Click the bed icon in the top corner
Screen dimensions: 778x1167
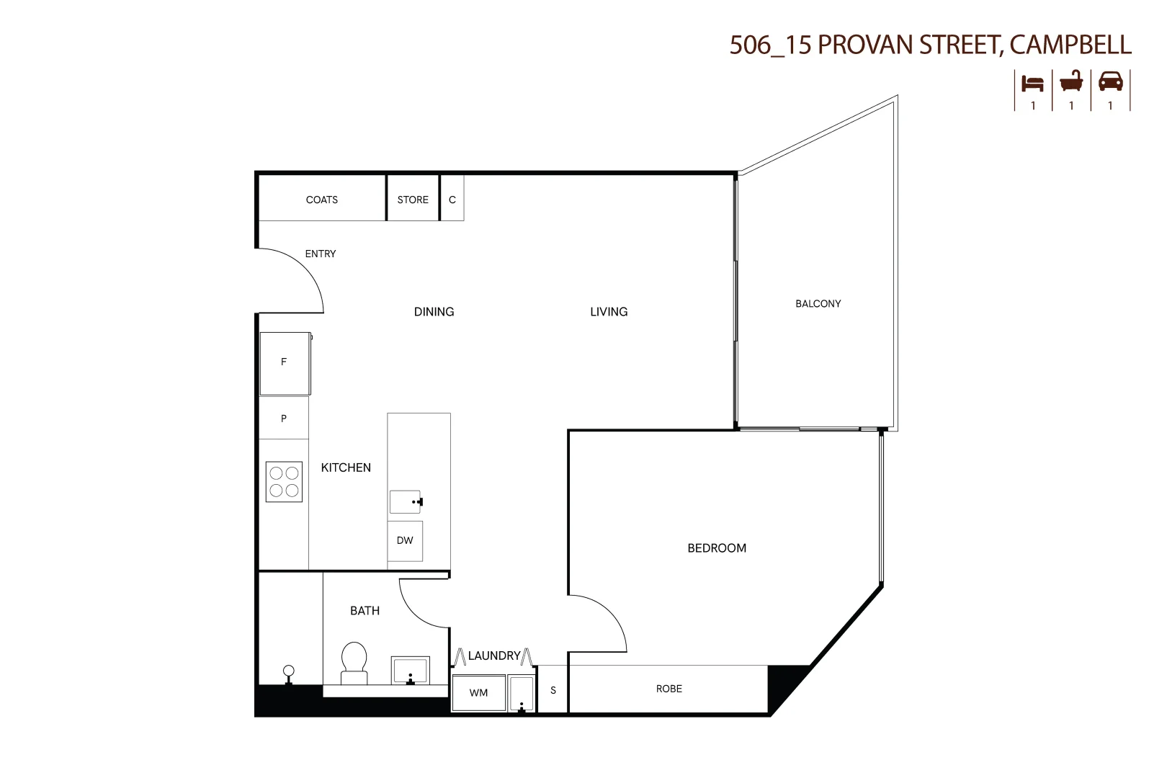coord(1032,84)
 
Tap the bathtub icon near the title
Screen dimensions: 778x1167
coord(1071,81)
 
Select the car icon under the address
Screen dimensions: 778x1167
coord(1110,81)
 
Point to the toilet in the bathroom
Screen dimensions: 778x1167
coord(354,663)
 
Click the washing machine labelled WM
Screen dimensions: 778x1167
coord(478,693)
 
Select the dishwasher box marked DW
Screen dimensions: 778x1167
coord(405,540)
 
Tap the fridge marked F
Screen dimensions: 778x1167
coord(285,362)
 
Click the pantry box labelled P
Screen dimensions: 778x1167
coord(284,419)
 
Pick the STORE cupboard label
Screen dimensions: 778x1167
coord(413,200)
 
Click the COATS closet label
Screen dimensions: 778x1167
coord(321,200)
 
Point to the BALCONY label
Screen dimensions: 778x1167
coord(818,304)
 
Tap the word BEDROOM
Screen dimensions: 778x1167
coord(717,548)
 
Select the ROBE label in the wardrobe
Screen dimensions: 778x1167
coord(669,689)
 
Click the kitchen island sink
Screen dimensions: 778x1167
coord(405,501)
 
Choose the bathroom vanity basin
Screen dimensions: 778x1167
coord(410,670)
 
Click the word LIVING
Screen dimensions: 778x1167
coord(609,312)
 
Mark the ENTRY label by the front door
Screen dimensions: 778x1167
coord(321,254)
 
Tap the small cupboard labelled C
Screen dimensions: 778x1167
coord(452,200)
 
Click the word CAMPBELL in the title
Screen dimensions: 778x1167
coord(1070,45)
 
